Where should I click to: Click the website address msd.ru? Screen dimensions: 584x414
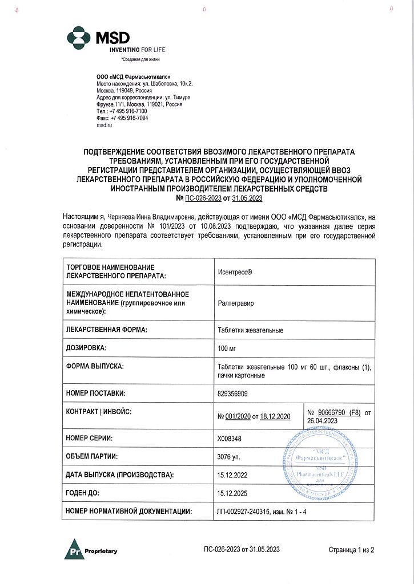pos(104,125)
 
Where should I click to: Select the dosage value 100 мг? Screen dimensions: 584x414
pos(228,347)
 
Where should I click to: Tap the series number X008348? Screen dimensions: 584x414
pos(230,439)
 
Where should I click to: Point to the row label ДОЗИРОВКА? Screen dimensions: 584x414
pos(87,347)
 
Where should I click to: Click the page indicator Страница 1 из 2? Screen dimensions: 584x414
pos(351,550)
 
